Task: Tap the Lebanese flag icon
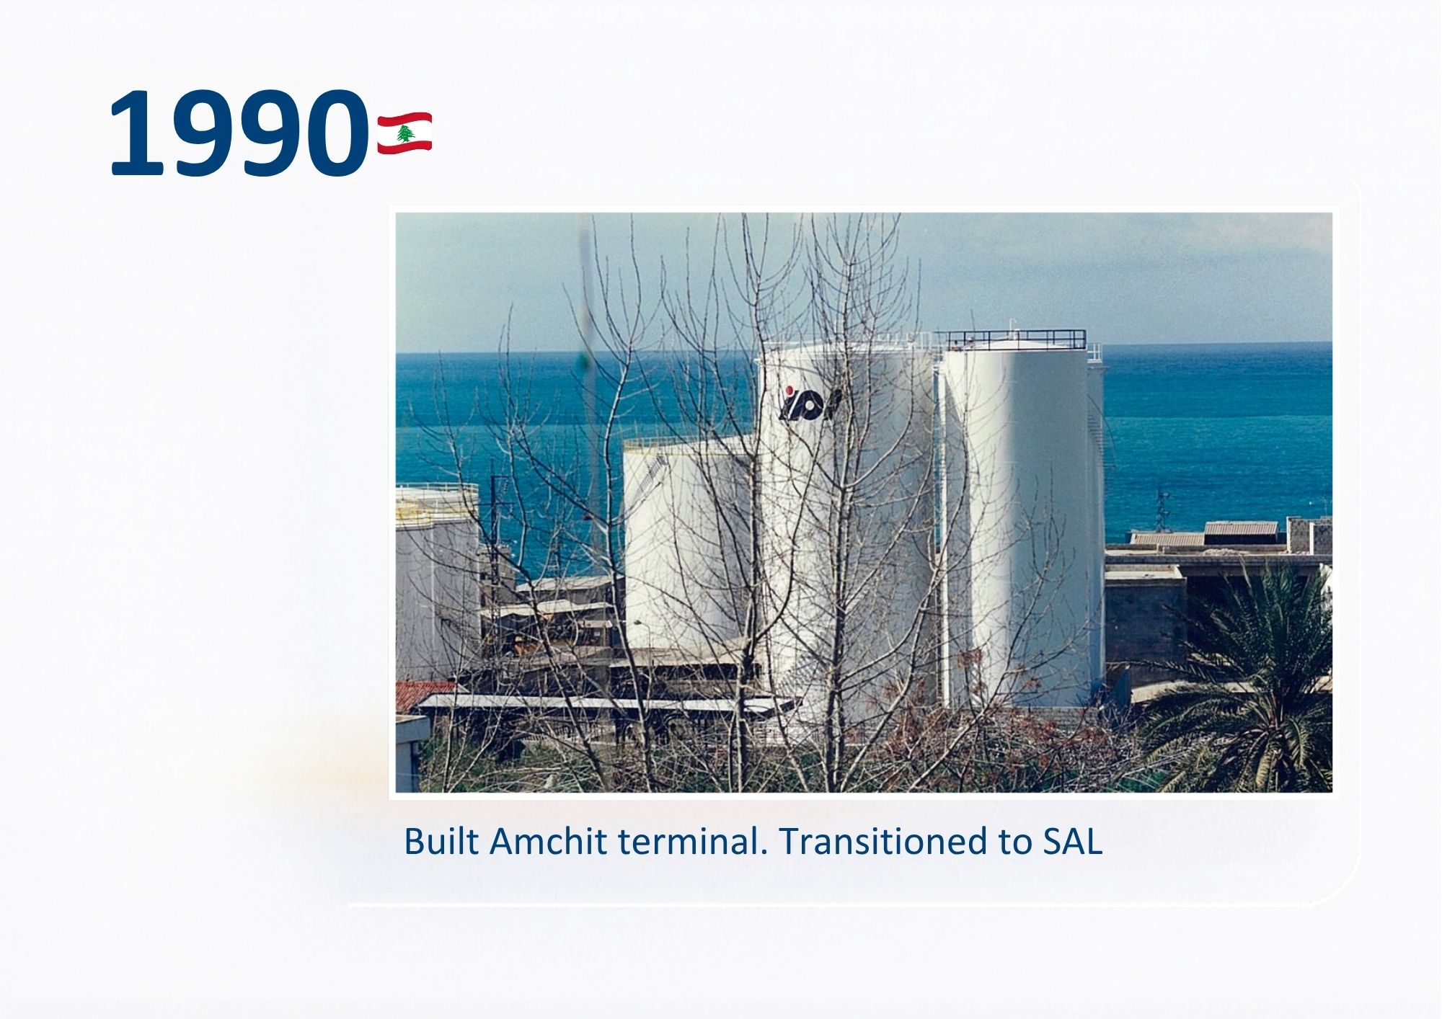404,133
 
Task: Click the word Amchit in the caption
548,841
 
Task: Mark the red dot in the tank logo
791,391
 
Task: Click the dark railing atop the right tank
1009,339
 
